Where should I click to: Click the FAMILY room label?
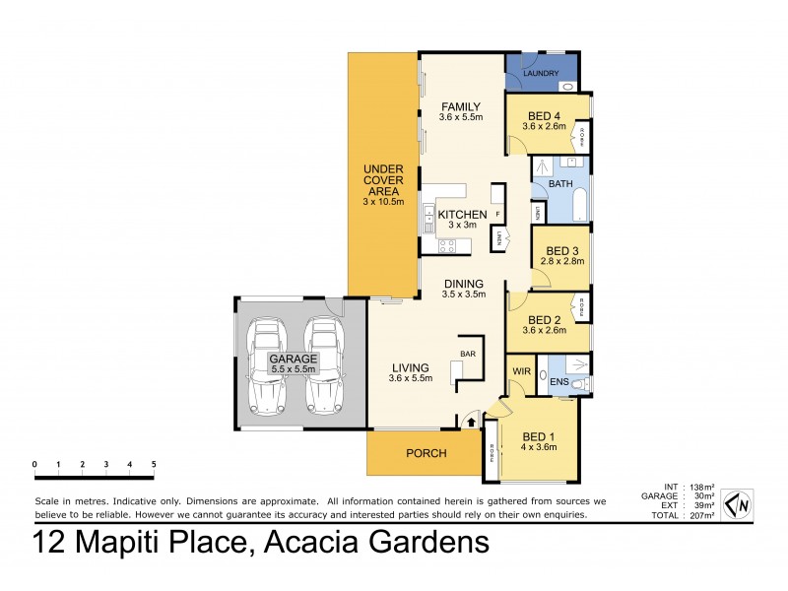click(x=460, y=106)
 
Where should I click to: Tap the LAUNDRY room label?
click(x=541, y=73)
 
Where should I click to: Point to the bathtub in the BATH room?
click(x=580, y=204)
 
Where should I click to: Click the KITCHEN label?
click(x=462, y=215)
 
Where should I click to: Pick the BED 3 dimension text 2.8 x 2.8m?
click(x=561, y=262)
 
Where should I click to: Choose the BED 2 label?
click(x=544, y=319)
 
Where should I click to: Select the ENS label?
click(x=558, y=381)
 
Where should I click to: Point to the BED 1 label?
click(x=539, y=436)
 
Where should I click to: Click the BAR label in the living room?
click(x=468, y=353)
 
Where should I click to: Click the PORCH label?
click(x=426, y=454)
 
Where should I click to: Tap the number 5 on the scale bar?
click(x=153, y=463)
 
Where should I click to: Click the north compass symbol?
click(x=738, y=503)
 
